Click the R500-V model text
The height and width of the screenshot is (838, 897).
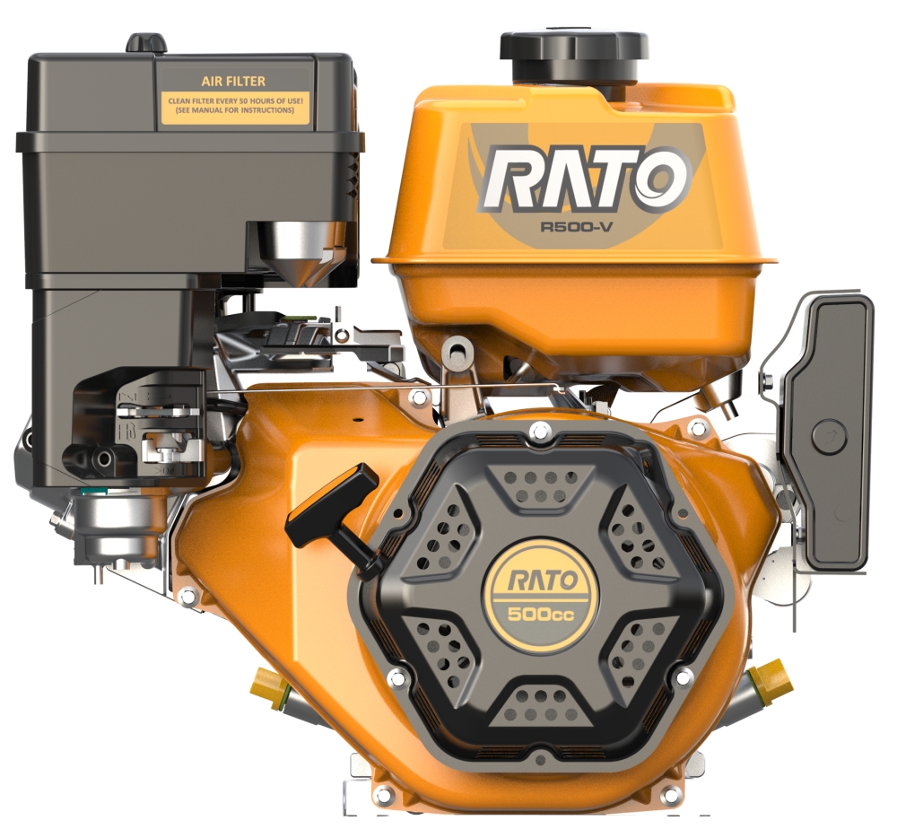click(577, 226)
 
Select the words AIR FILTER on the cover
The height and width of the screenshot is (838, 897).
click(233, 82)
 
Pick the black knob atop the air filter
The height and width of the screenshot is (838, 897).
click(146, 43)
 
